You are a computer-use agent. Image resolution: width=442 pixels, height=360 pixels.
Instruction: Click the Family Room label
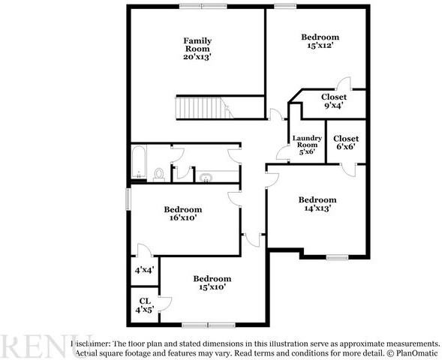(198, 45)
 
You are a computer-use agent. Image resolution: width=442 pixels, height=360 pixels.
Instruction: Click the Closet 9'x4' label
(334, 101)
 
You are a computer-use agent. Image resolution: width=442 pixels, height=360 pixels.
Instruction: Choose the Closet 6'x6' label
(346, 142)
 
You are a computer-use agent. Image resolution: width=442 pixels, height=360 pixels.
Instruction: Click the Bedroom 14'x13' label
(317, 204)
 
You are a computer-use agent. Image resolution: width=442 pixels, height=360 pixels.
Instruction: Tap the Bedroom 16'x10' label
(183, 214)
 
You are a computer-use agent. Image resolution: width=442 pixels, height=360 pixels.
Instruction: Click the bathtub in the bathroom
(138, 163)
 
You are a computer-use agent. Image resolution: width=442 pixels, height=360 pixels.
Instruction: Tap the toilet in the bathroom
(158, 174)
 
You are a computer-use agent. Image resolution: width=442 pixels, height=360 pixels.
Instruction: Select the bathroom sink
(206, 178)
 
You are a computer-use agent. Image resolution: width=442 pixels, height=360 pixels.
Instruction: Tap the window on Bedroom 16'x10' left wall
(128, 198)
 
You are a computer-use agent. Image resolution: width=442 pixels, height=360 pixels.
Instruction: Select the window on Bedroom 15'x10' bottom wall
(205, 325)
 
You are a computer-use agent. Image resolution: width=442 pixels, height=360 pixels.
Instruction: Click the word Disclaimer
(91, 343)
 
